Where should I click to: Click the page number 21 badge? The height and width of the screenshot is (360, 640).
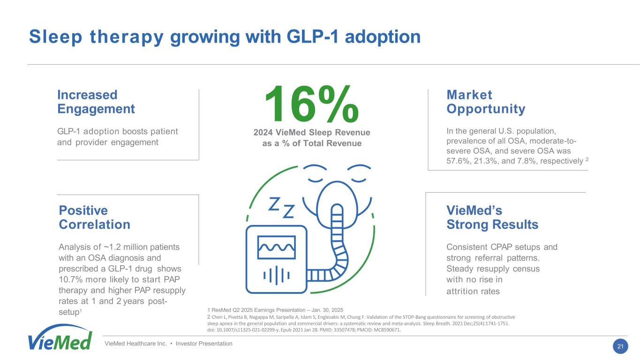[x=620, y=346]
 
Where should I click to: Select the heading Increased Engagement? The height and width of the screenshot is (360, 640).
[x=96, y=102]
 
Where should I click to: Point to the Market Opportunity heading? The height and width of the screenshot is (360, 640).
[x=486, y=102]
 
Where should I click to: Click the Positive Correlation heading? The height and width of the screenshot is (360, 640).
[x=94, y=217]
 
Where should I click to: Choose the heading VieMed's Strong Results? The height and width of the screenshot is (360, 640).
[x=492, y=217]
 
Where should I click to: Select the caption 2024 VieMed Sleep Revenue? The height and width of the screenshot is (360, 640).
[x=311, y=133]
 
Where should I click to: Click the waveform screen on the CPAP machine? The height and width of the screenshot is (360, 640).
[x=276, y=247]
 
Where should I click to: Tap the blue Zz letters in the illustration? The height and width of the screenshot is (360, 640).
[x=281, y=207]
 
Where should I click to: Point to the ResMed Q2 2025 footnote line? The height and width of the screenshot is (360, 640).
[x=275, y=310]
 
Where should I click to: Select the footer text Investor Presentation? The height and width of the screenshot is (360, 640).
[x=205, y=344]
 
